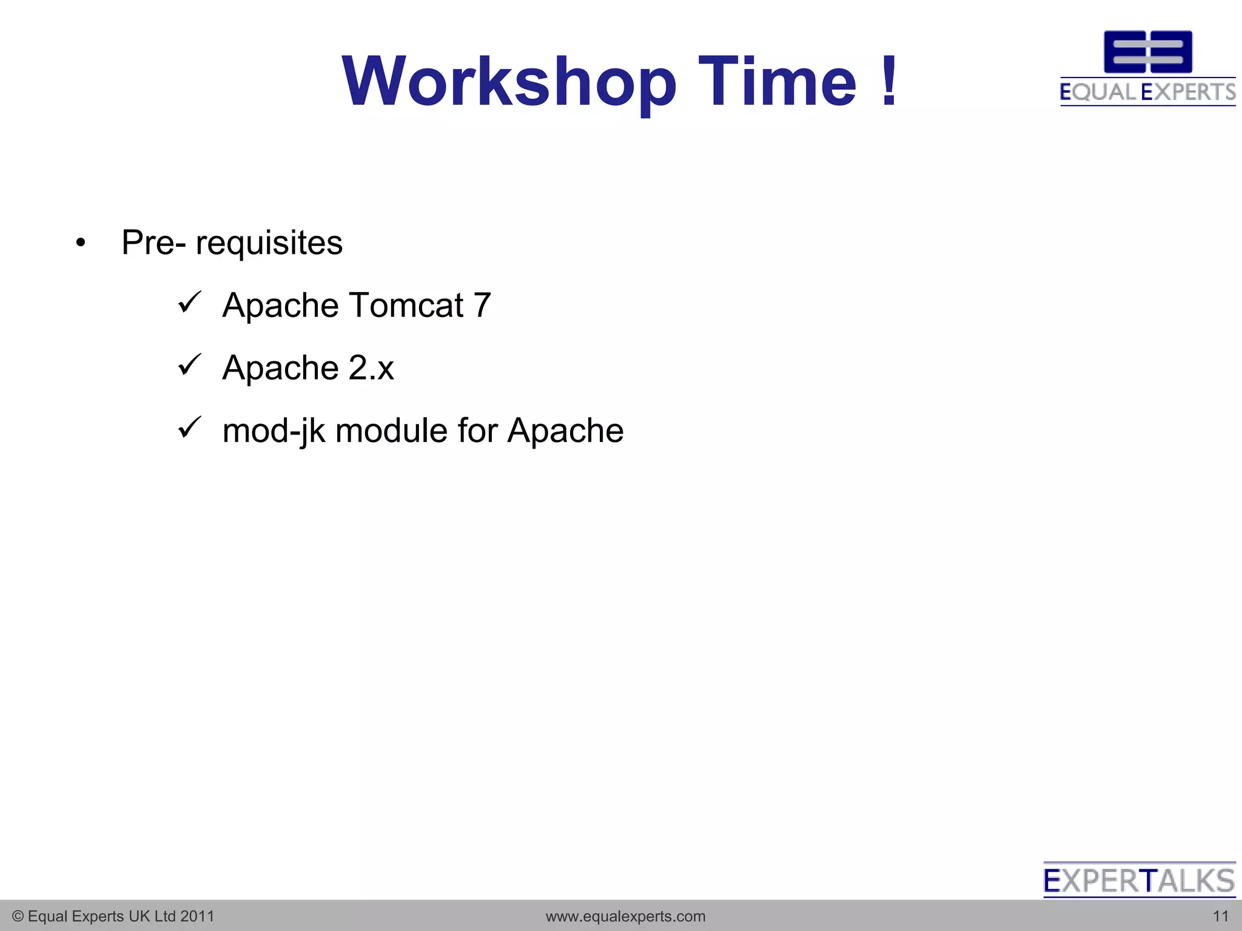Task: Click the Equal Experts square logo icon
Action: pos(1147,52)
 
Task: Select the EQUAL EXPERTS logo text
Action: pos(1147,92)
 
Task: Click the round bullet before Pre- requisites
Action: pos(81,244)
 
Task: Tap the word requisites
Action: pos(269,244)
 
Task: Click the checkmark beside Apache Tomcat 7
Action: pos(189,302)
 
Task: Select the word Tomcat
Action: pos(406,305)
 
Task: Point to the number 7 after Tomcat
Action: pos(482,305)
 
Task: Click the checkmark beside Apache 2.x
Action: pos(189,365)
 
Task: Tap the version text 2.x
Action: pos(371,368)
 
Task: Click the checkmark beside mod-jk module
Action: pos(189,428)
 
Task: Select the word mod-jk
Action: pos(274,432)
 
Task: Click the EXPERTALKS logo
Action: pos(1139,880)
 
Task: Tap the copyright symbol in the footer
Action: pos(18,916)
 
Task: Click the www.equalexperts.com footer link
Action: pos(625,916)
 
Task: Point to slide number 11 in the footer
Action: pos(1220,916)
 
